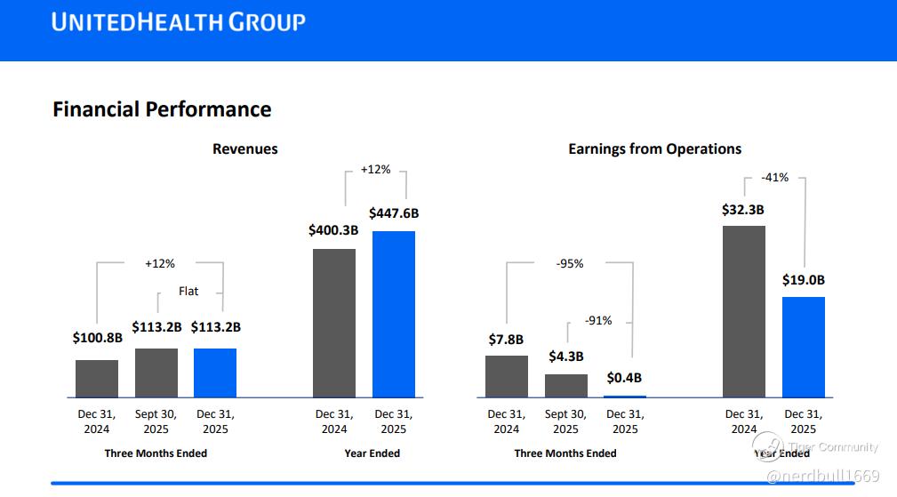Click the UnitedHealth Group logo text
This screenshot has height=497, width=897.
[178, 22]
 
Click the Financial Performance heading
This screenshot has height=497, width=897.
[162, 109]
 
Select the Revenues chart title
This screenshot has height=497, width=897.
[244, 149]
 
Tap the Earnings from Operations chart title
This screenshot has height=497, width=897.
[654, 149]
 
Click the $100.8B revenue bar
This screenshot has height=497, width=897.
[97, 378]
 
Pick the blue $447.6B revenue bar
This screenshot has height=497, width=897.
[394, 313]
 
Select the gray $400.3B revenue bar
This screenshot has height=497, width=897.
[334, 322]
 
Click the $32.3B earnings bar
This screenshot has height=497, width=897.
[744, 310]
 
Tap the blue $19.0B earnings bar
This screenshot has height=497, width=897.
[804, 346]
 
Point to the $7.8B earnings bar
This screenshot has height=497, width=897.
[507, 375]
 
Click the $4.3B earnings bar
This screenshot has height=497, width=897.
[566, 385]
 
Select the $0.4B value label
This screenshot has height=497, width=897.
[624, 378]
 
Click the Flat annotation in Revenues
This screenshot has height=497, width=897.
[188, 291]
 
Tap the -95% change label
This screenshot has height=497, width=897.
[570, 264]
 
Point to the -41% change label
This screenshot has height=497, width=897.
[775, 178]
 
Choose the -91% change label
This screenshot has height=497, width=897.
[598, 321]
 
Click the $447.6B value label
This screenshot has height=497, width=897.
[394, 213]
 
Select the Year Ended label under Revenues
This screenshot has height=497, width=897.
[372, 453]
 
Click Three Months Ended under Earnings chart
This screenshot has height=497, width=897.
[565, 453]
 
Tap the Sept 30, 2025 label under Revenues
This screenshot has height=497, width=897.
[156, 421]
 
